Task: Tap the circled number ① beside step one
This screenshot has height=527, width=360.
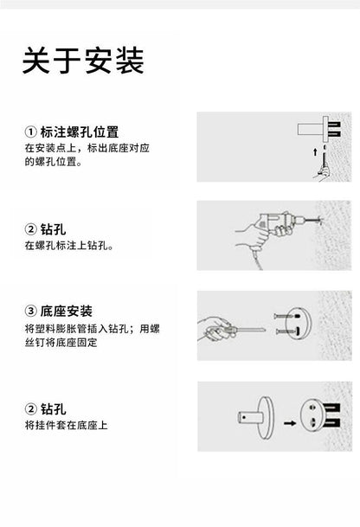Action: coord(30,132)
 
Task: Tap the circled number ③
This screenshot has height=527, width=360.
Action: coord(30,311)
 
